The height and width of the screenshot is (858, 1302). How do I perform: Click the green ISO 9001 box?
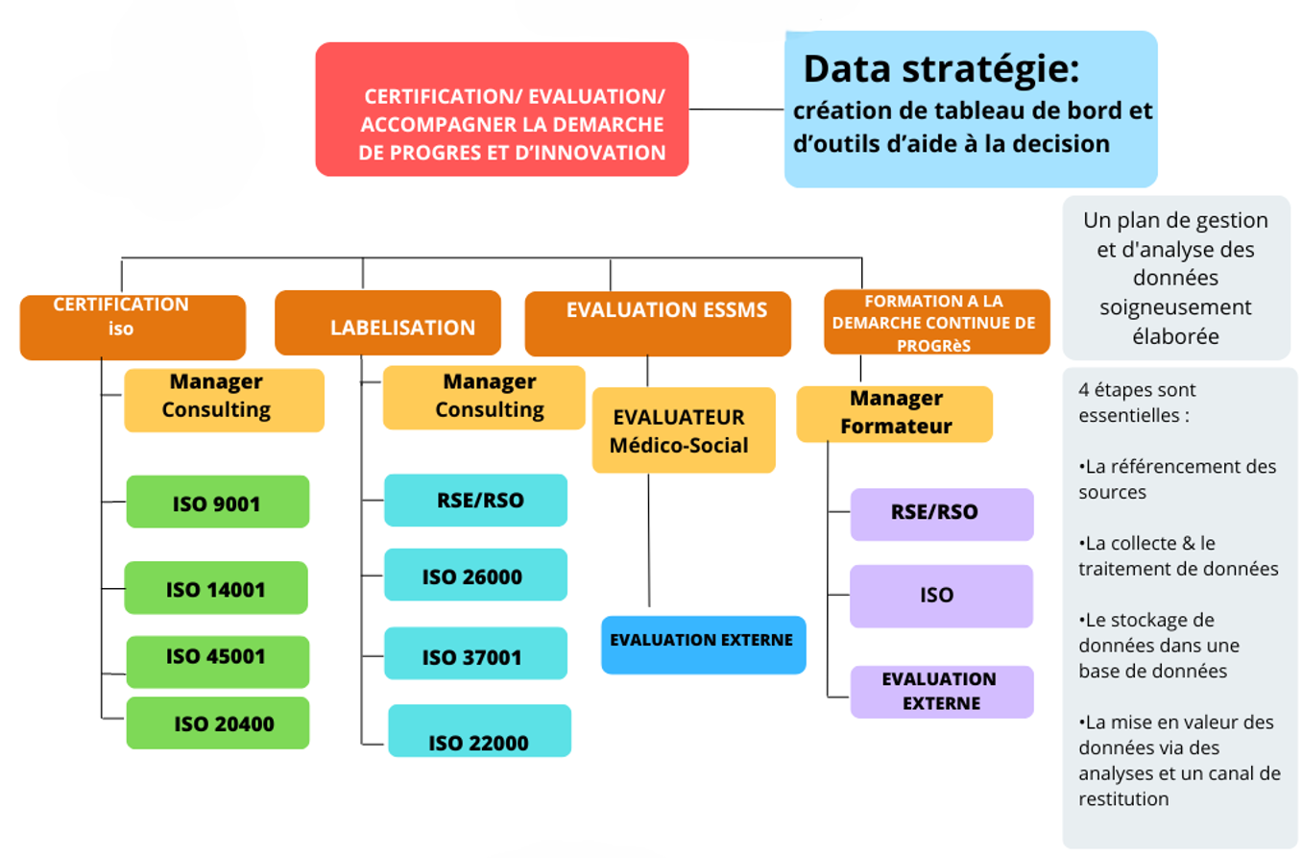218,502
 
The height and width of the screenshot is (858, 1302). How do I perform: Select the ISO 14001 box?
216,588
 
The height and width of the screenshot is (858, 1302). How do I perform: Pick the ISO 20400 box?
218,723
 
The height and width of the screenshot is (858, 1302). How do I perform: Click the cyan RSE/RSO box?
475,500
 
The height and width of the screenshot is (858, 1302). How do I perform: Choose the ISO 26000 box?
475,576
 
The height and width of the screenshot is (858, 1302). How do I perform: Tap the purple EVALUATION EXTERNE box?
941,692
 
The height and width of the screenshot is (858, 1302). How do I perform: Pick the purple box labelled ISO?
941,596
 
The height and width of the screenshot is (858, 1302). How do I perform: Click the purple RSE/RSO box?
941,514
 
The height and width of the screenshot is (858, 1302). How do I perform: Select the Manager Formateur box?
894,413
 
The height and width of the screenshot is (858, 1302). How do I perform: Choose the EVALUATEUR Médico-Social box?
683,430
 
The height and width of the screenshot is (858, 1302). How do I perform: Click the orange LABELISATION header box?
388,324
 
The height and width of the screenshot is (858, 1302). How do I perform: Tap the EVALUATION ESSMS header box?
658,324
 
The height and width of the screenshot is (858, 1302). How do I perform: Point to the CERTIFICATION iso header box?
133,327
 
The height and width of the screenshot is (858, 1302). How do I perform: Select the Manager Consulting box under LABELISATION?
484,397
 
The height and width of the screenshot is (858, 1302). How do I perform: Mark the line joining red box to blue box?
736,110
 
